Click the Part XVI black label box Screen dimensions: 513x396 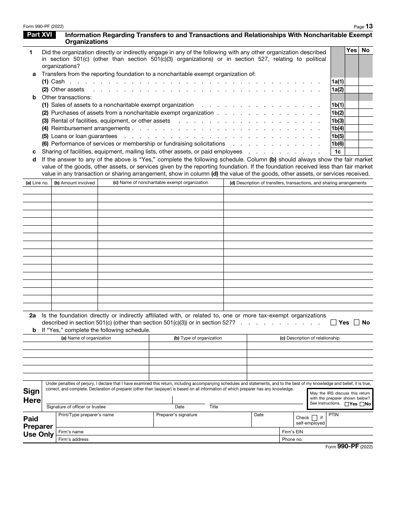tap(40, 35)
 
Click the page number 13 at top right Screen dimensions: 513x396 tap(369, 26)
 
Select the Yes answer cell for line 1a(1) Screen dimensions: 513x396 tap(351, 82)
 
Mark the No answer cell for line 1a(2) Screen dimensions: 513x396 tap(366, 89)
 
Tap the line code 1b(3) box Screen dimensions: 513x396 tap(338, 121)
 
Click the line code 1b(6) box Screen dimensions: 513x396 tap(338, 144)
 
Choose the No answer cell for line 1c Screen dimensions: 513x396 tap(366, 152)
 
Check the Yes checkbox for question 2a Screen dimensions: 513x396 tap(333, 322)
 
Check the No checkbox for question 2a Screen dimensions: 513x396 tap(357, 322)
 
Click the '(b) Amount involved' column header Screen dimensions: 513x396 tap(75, 183)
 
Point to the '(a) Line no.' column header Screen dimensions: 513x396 tap(37, 183)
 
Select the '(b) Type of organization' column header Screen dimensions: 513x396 tap(198, 338)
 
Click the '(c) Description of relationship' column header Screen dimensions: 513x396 tap(309, 338)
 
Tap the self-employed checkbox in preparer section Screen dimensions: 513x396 tap(314, 417)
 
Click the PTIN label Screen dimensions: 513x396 tap(333, 415)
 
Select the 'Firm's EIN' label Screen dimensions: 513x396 tap(292, 432)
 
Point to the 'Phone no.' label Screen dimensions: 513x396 tap(292, 439)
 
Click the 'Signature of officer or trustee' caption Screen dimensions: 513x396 tap(76, 407)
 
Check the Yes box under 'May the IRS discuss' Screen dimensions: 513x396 tap(347, 404)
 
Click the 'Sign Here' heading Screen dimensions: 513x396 tap(32, 396)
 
